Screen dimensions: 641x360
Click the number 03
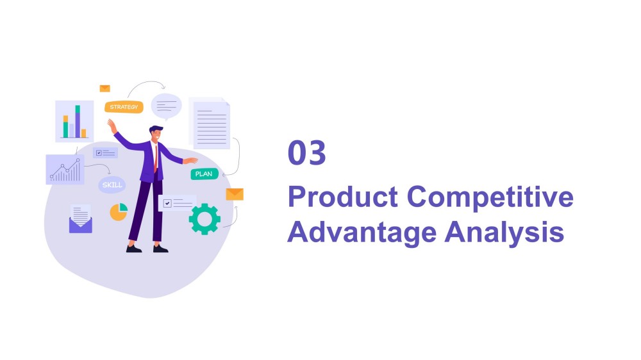click(306, 153)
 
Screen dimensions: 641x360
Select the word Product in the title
click(342, 197)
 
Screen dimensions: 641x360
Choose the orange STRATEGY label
click(124, 107)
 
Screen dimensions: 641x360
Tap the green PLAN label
click(204, 174)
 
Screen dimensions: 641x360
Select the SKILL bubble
click(112, 184)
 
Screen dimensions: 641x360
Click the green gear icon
click(204, 219)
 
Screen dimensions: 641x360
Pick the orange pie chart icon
click(118, 212)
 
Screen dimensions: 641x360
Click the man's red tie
click(155, 159)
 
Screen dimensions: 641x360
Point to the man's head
click(156, 133)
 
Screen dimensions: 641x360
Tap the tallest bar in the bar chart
click(78, 121)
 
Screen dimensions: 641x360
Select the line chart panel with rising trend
click(65, 169)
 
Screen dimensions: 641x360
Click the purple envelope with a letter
click(81, 219)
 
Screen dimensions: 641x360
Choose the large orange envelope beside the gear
click(235, 195)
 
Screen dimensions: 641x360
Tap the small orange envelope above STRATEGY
click(105, 88)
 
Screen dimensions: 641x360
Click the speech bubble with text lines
click(167, 106)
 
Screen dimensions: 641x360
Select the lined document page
click(211, 124)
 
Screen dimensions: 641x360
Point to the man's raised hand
click(112, 126)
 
